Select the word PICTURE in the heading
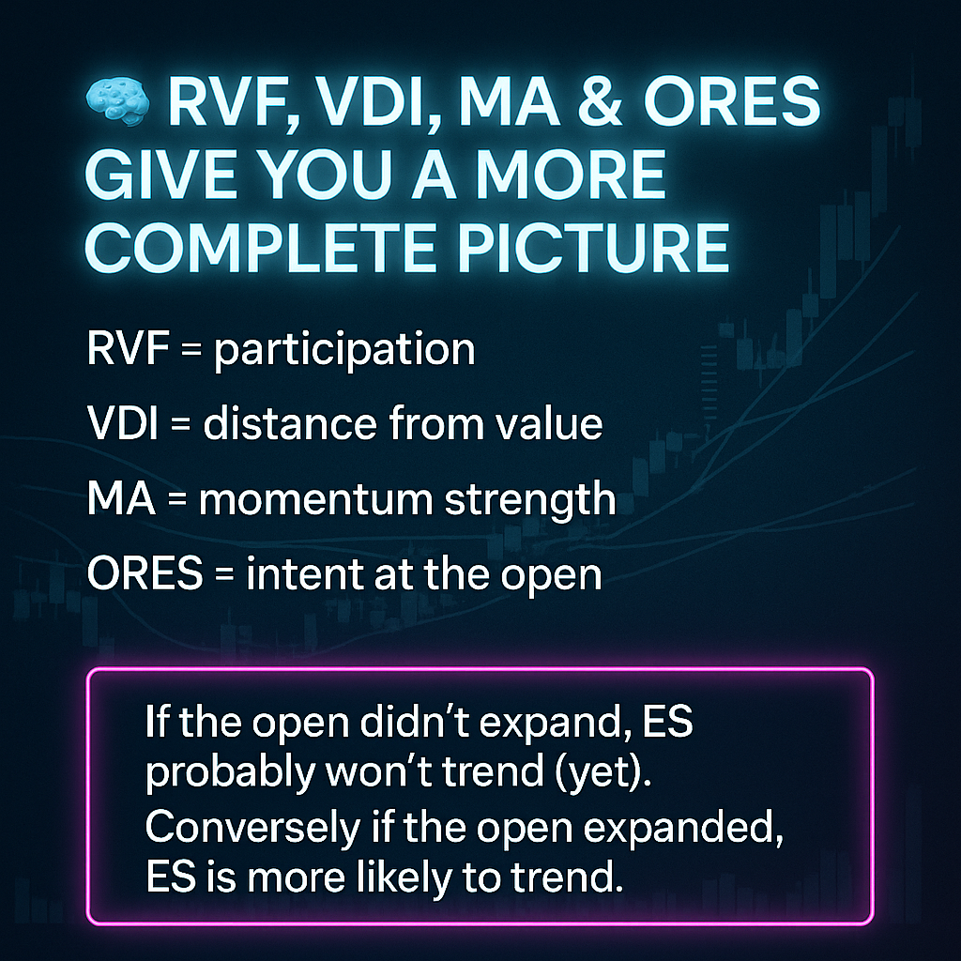point(593,247)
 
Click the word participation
point(343,350)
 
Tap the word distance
point(289,423)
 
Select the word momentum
point(315,499)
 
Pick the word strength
point(529,500)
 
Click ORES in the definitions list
point(145,573)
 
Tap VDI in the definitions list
point(123,423)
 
